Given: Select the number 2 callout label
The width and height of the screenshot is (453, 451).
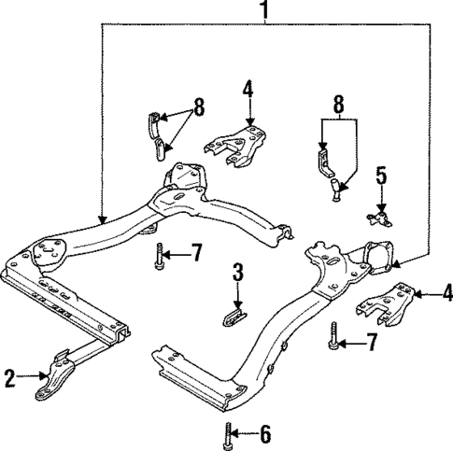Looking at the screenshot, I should click(9, 378).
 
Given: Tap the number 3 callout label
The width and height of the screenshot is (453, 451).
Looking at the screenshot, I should click(238, 273).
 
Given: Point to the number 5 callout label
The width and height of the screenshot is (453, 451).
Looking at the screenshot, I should click(381, 176).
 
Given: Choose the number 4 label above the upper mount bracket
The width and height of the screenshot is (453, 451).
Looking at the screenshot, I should click(248, 91).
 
